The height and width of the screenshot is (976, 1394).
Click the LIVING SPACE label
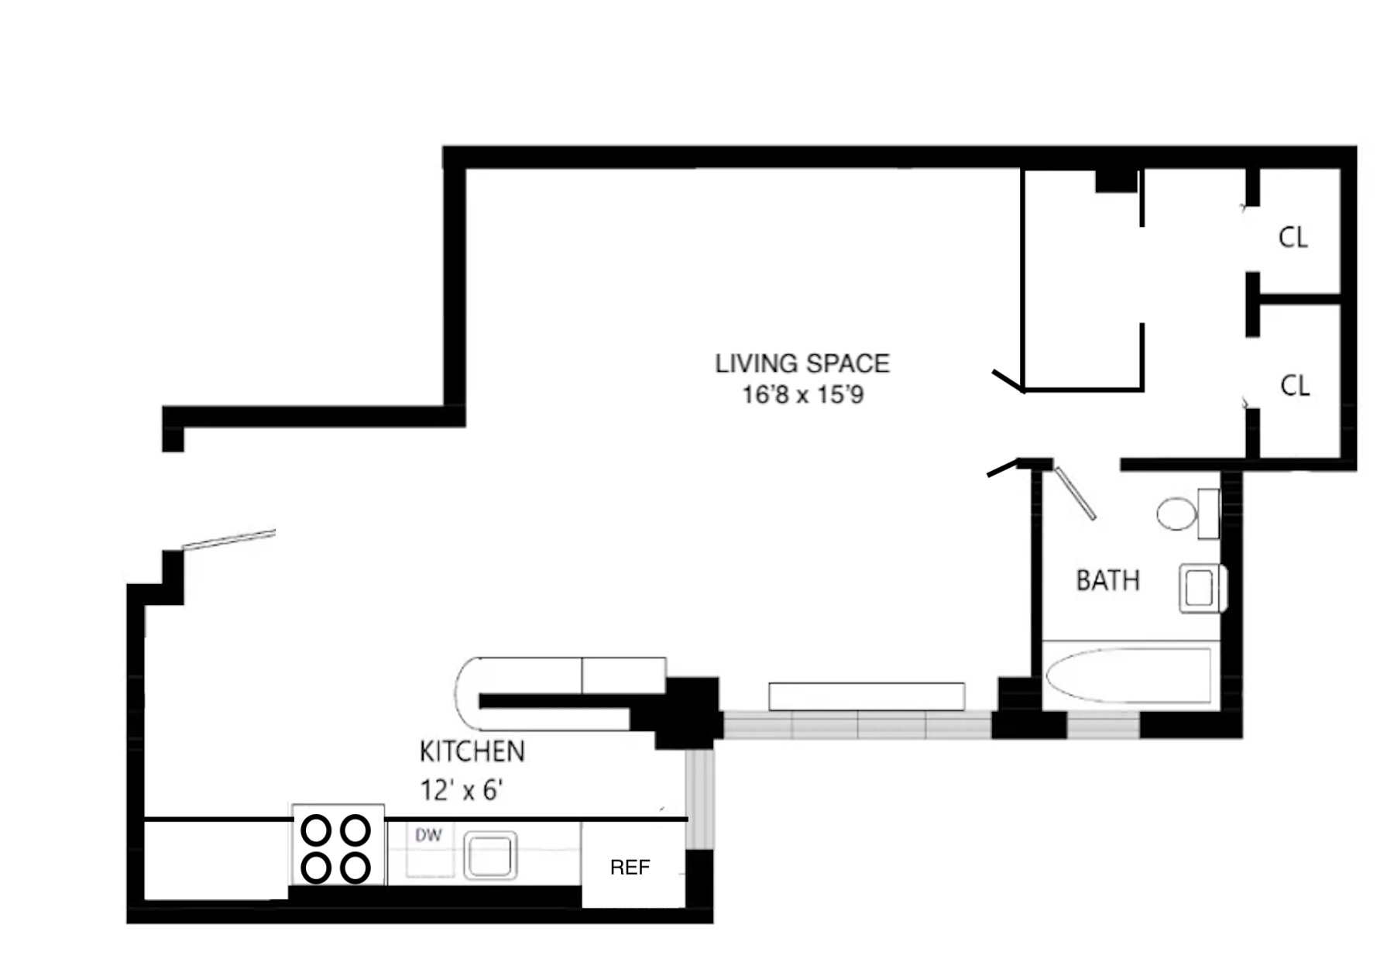[x=802, y=363]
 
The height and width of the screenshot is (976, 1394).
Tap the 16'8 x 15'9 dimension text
[x=802, y=395]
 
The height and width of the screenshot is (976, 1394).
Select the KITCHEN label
[x=472, y=751]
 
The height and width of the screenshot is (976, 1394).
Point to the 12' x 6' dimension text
[x=462, y=790]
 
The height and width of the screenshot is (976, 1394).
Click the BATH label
[x=1107, y=580]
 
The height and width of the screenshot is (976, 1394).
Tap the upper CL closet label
[x=1293, y=237]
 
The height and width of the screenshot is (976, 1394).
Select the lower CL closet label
[x=1295, y=385]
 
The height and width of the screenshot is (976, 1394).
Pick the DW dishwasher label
[x=428, y=835]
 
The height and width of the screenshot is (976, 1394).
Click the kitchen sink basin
[x=490, y=856]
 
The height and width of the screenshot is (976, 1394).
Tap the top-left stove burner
[x=316, y=831]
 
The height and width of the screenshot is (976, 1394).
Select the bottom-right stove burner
[x=355, y=868]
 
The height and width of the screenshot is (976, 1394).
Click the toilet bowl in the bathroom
[x=1176, y=514]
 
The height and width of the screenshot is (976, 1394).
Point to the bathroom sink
[x=1200, y=589]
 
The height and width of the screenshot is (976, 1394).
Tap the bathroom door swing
[x=1076, y=493]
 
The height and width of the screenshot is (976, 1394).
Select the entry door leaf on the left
[x=229, y=538]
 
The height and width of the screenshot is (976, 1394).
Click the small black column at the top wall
[x=1115, y=181]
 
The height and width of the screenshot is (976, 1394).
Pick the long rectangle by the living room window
[x=866, y=696]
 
